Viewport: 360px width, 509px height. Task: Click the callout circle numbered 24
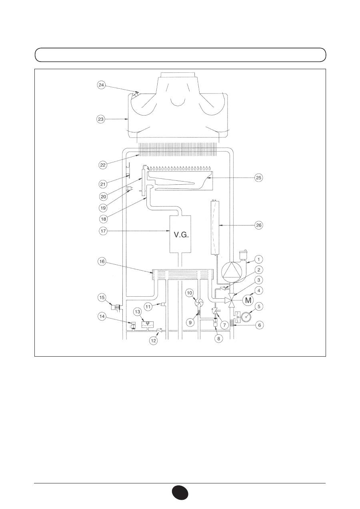pos(101,85)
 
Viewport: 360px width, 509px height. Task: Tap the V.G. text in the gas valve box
pos(181,235)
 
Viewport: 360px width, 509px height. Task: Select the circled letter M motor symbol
pos(248,300)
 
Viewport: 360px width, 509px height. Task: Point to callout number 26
pos(259,225)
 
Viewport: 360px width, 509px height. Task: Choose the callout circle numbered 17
pos(103,231)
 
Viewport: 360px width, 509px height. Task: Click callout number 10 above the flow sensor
pos(190,293)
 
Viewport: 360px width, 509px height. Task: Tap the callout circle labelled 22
pos(103,165)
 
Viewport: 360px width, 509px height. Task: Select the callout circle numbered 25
pos(259,178)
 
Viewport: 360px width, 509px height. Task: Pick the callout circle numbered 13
pos(138,312)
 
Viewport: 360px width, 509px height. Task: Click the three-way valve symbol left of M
pos(231,300)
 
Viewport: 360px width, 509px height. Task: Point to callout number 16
pos(102,261)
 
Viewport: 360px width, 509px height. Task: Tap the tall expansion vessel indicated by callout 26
pos(215,227)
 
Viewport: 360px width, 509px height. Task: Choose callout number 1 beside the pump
pos(258,259)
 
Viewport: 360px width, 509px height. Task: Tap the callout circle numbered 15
pos(102,297)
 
